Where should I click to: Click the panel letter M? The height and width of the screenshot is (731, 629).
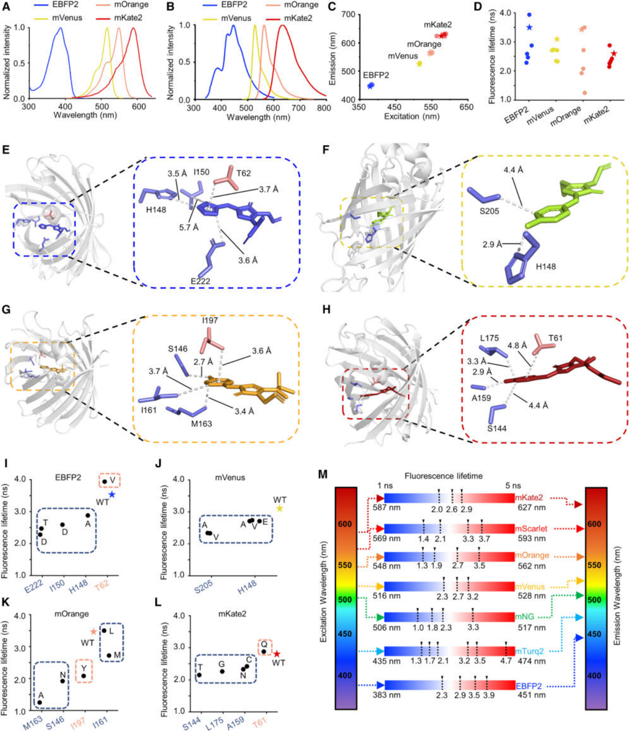[x=323, y=474]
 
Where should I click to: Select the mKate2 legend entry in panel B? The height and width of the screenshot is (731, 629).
[x=298, y=18]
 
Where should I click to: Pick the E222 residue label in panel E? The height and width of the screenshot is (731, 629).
[x=200, y=281]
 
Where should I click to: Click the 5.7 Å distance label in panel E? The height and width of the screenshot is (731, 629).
[x=188, y=227]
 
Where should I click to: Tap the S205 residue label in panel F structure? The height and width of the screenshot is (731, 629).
[x=489, y=211]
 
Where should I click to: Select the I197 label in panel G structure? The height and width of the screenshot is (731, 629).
[x=210, y=321]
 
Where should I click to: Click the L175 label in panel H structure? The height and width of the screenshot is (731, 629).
[x=489, y=338]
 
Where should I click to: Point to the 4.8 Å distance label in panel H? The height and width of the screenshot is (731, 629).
[x=517, y=345]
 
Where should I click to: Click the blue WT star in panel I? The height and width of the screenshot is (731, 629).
[x=112, y=494]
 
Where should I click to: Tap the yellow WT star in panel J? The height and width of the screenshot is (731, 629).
[x=279, y=508]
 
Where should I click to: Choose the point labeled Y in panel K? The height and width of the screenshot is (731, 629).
[x=83, y=676]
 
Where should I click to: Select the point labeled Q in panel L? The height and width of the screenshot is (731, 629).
[x=263, y=651]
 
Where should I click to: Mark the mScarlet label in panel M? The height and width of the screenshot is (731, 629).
[x=531, y=529]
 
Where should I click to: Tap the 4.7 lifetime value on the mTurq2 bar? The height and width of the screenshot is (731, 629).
[x=506, y=660]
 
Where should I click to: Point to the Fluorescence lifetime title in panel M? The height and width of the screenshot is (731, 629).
[x=443, y=476]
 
